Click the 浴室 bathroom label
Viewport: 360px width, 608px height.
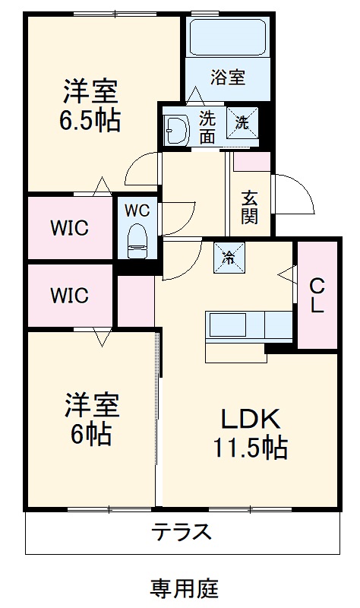pyautogui.click(x=227, y=77)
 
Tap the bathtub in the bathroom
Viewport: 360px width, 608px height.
pyautogui.click(x=227, y=37)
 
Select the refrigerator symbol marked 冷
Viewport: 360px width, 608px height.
pyautogui.click(x=229, y=255)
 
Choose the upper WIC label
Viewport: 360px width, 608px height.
pyautogui.click(x=70, y=227)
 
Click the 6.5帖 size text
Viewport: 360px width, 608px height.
pyautogui.click(x=90, y=120)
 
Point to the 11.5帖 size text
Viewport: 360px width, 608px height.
pyautogui.click(x=250, y=448)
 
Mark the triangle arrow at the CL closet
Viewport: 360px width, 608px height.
pyautogui.click(x=286, y=274)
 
